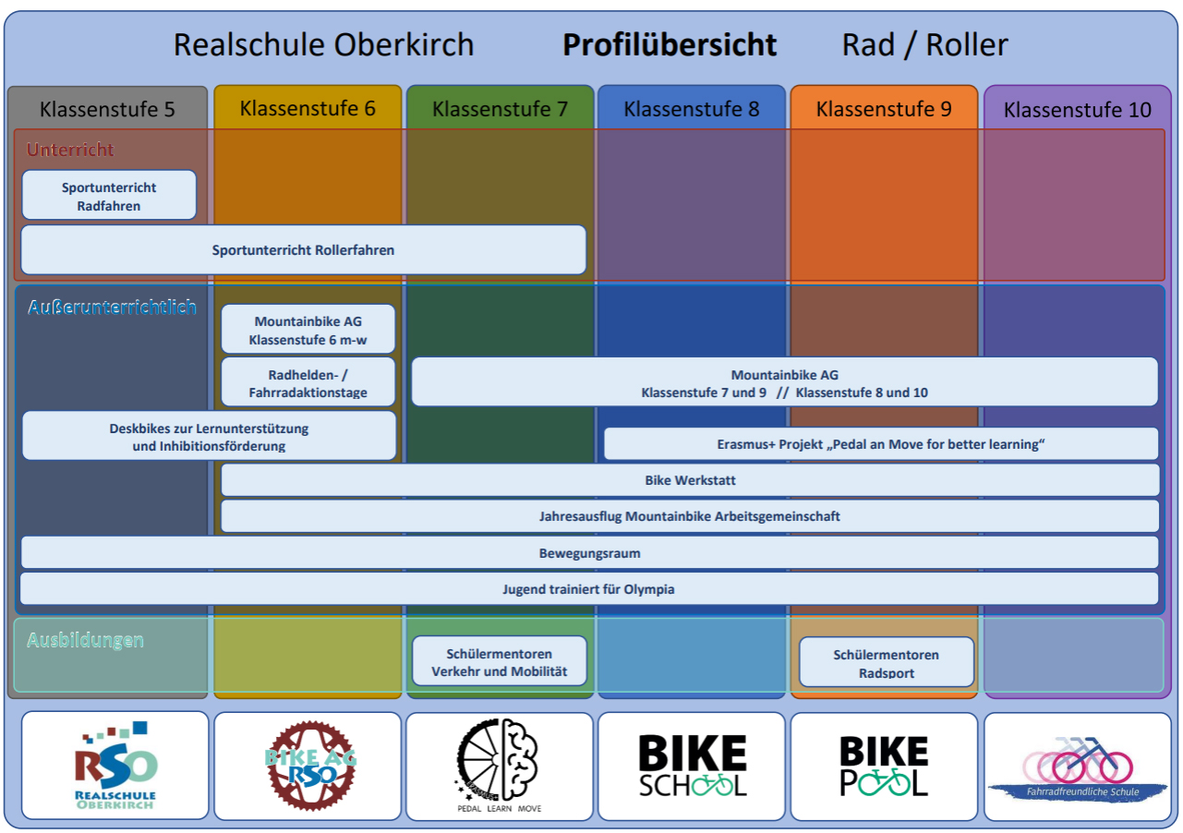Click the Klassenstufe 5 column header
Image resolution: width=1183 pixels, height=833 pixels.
107,109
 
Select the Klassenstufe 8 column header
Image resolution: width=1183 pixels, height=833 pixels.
692,109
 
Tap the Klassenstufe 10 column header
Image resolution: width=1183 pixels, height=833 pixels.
1077,110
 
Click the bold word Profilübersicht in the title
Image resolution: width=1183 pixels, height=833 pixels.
670,44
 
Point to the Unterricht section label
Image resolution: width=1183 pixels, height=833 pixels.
70,150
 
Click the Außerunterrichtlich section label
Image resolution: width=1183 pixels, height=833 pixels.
112,307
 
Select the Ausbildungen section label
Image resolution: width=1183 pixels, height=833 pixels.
85,640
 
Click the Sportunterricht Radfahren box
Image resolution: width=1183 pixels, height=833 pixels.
109,196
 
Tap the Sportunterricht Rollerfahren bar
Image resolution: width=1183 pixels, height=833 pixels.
303,250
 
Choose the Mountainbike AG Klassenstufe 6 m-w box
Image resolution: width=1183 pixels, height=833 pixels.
308,330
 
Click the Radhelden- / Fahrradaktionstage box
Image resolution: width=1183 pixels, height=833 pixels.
308,383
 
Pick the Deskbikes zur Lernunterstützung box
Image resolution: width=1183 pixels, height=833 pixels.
209,437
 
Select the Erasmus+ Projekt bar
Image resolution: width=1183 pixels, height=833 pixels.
880,444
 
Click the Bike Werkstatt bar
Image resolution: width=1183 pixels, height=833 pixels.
690,480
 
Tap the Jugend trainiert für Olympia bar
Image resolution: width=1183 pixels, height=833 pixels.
588,588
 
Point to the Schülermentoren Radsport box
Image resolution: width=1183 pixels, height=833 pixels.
886,663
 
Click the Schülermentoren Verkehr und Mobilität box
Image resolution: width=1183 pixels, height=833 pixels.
500,662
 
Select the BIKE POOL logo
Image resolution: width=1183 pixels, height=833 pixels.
884,767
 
